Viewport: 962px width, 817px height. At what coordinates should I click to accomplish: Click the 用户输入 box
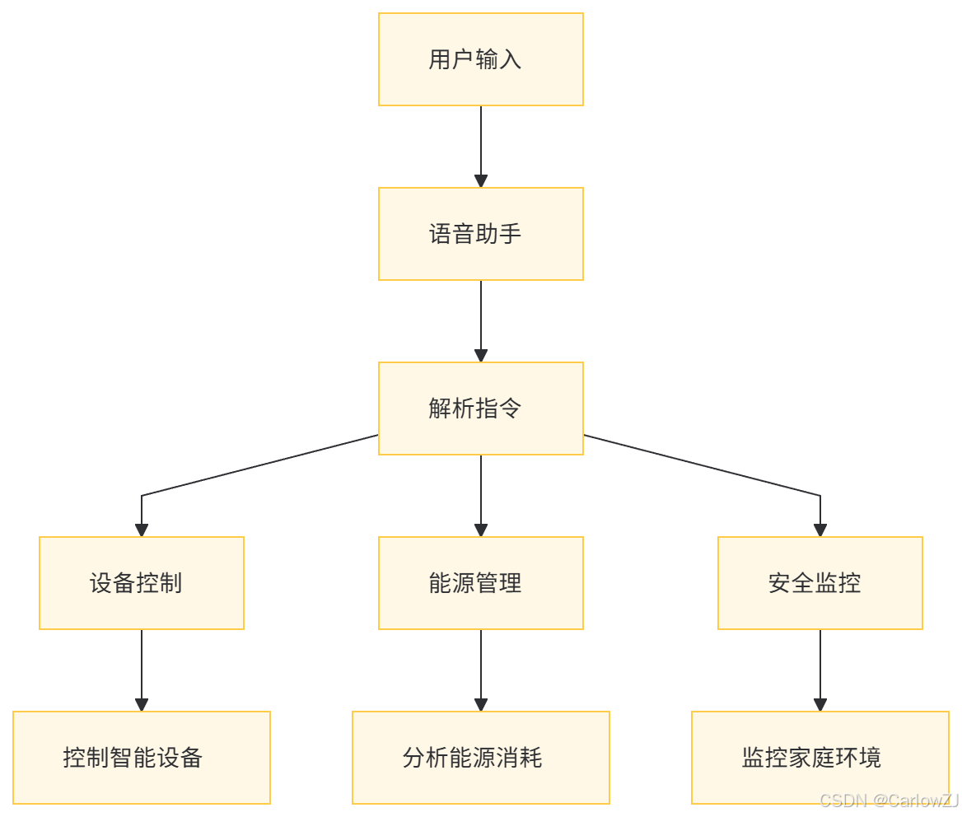pyautogui.click(x=480, y=59)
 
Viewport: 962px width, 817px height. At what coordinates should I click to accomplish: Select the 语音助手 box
pyautogui.click(x=480, y=234)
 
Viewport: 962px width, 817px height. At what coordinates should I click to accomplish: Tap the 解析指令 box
pyautogui.click(x=480, y=408)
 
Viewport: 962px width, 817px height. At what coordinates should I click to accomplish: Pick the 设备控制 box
pyautogui.click(x=142, y=583)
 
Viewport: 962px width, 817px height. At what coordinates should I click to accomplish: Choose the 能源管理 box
pyautogui.click(x=480, y=583)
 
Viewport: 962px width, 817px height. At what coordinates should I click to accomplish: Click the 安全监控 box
pyautogui.click(x=820, y=583)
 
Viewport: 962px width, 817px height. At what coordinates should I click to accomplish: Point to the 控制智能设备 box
pyautogui.click(x=142, y=758)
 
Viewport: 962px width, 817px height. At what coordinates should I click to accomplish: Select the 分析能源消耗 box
pyautogui.click(x=480, y=758)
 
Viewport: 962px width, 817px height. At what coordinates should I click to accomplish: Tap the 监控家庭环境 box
pyautogui.click(x=820, y=758)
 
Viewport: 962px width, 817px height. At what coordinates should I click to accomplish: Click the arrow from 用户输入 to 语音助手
pyautogui.click(x=481, y=144)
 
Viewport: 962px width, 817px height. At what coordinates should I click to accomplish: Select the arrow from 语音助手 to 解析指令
pyautogui.click(x=481, y=319)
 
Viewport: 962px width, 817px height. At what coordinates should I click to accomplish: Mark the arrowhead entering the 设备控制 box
pyautogui.click(x=142, y=530)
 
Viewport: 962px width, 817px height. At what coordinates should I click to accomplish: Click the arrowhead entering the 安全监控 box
pyautogui.click(x=820, y=530)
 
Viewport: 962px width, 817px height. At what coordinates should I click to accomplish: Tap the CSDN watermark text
pyautogui.click(x=890, y=801)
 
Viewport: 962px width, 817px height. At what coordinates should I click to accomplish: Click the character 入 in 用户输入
pyautogui.click(x=511, y=60)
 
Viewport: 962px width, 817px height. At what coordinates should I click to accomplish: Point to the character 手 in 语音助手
pyautogui.click(x=511, y=235)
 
